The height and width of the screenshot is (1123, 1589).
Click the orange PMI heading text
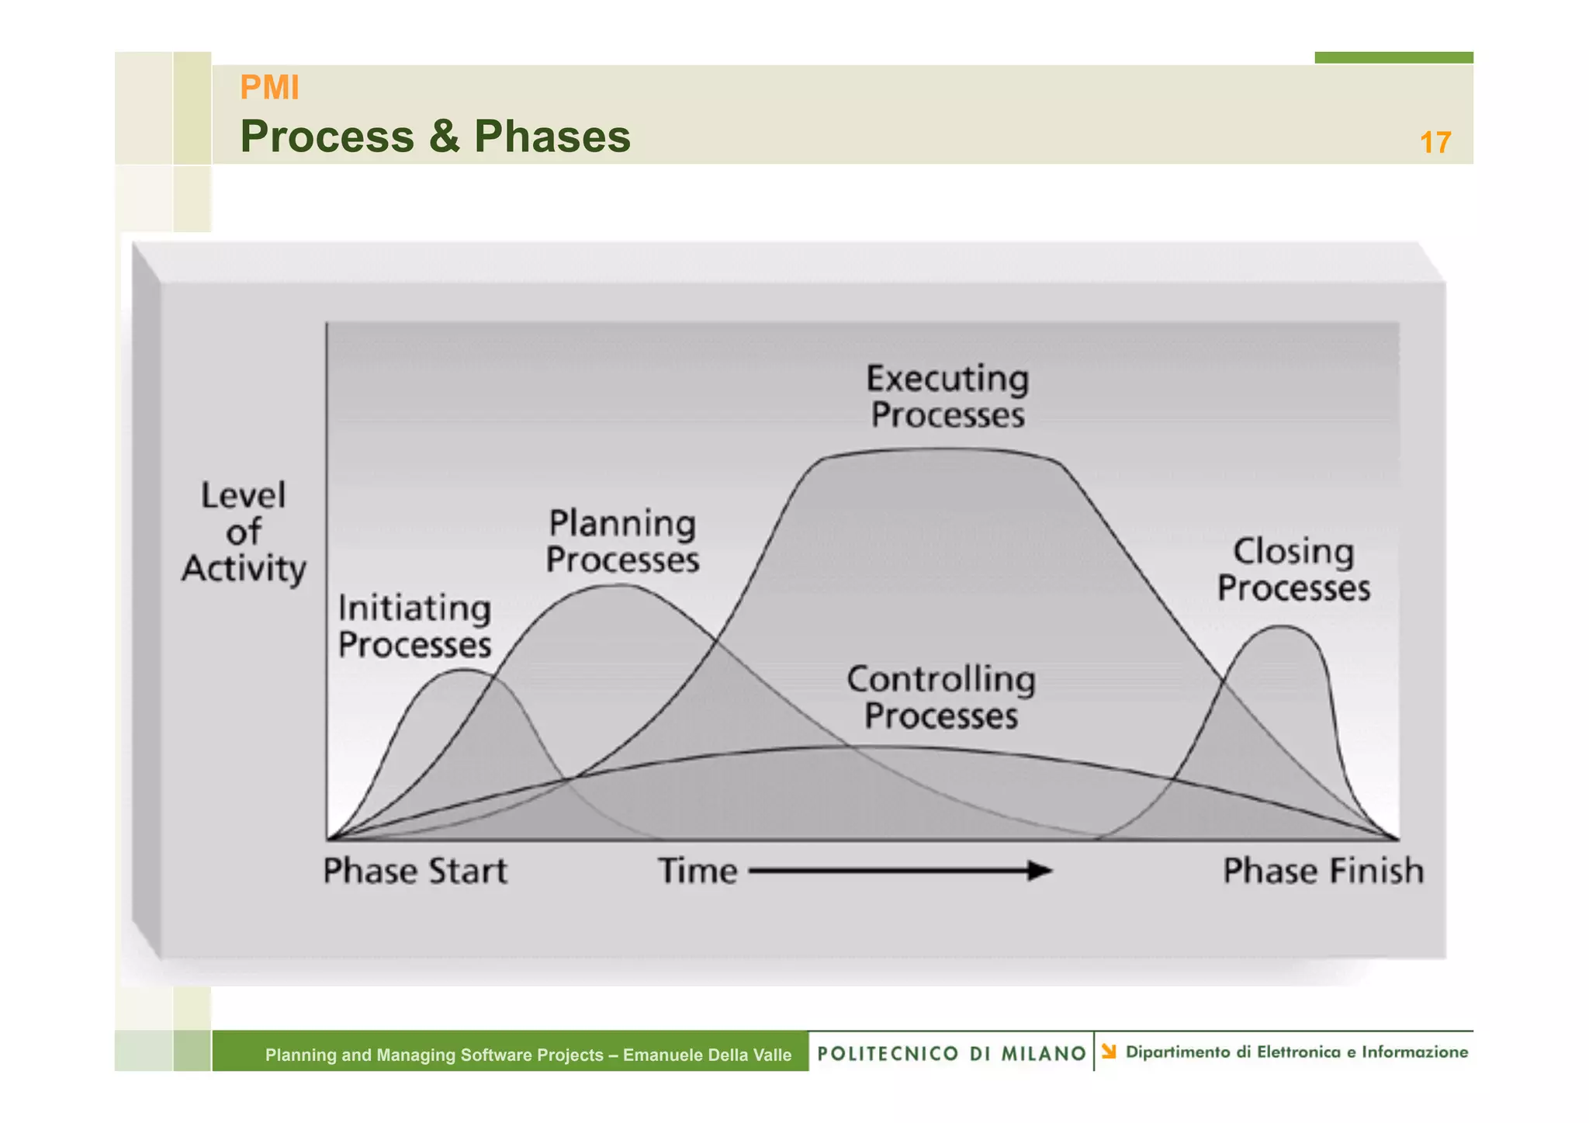point(269,88)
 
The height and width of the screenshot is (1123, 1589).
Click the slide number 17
point(1435,143)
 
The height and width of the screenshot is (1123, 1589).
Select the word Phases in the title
point(552,137)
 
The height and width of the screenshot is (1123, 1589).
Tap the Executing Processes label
point(947,397)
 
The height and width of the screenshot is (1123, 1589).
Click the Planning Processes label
point(621,541)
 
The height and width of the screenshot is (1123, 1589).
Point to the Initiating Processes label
point(414,626)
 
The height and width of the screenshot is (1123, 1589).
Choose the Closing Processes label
point(1293,569)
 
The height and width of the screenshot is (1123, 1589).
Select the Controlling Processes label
point(940,697)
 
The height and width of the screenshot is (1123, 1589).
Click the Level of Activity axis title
point(244,532)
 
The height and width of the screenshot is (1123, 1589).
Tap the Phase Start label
point(414,871)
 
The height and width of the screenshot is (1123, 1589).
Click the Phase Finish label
point(1323,871)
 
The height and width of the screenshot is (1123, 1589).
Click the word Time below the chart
point(698,871)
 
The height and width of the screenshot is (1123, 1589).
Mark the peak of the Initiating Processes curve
point(463,670)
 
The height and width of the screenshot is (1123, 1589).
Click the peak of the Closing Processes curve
point(1284,626)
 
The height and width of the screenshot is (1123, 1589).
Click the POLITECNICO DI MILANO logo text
point(951,1053)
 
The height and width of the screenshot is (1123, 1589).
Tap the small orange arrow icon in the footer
point(1109,1052)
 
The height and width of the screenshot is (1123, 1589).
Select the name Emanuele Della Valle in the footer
point(707,1055)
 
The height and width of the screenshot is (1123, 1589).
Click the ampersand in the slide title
point(443,137)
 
